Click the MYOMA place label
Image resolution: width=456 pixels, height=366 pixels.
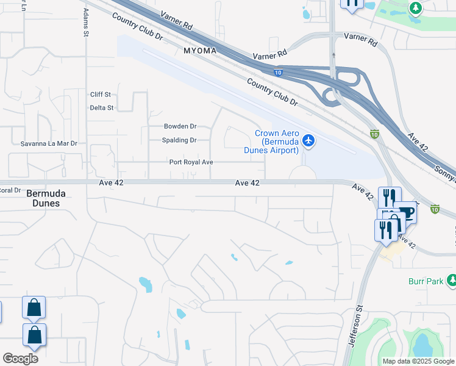(x=200, y=51)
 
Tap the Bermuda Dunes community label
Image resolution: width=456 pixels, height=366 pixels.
(x=43, y=198)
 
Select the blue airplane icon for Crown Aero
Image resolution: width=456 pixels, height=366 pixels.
(x=308, y=141)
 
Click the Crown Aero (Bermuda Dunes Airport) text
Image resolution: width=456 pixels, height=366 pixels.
(x=276, y=142)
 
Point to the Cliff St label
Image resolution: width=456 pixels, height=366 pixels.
(x=100, y=95)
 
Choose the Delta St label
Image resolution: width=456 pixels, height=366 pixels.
(x=101, y=108)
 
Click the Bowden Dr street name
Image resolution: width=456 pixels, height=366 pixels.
(x=180, y=126)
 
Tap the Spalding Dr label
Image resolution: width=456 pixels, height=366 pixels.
(x=180, y=140)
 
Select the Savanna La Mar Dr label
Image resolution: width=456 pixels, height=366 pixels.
(x=48, y=143)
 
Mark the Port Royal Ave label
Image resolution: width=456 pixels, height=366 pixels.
(x=191, y=162)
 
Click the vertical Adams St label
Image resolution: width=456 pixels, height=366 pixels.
(x=86, y=25)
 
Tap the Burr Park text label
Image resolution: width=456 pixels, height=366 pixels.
(x=426, y=281)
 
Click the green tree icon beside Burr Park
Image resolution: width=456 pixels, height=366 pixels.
(x=451, y=281)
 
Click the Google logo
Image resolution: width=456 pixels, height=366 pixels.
(x=20, y=359)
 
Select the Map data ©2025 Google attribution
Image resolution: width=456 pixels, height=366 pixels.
(x=418, y=361)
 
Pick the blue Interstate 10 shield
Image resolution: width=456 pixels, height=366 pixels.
(x=278, y=73)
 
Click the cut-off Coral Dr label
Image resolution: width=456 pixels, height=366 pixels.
(x=10, y=190)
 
